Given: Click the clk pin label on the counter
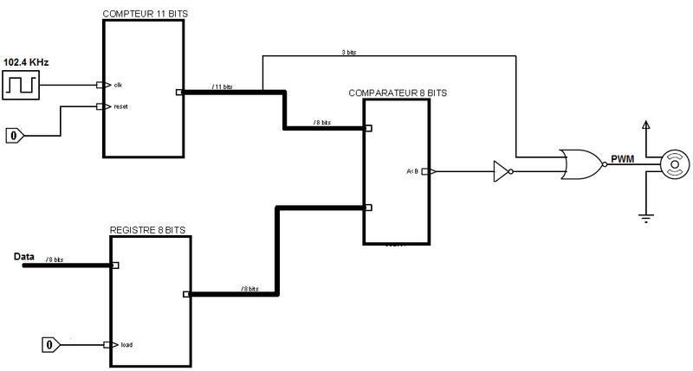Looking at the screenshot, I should [x=119, y=85].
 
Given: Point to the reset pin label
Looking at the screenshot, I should [x=120, y=107].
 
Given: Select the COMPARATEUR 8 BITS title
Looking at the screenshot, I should [x=398, y=93].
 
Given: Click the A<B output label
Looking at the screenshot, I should [x=412, y=171].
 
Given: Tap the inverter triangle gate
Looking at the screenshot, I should [x=502, y=171].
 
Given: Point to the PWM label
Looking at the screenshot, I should [x=622, y=159].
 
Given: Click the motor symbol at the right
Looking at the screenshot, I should [x=672, y=163].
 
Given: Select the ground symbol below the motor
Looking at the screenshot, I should [x=645, y=216].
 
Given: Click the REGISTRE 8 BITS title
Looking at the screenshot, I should [x=146, y=230].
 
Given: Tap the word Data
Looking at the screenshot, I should [x=25, y=257].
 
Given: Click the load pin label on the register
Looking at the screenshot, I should [x=126, y=344].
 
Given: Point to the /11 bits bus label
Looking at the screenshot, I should [x=223, y=86].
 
